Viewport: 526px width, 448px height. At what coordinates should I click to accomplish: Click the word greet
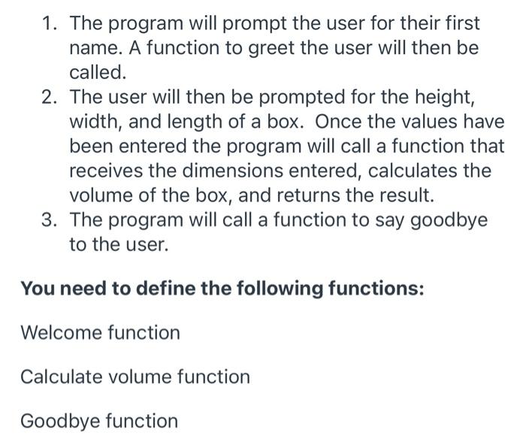point(238,48)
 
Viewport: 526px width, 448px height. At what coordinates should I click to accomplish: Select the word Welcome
point(61,332)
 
